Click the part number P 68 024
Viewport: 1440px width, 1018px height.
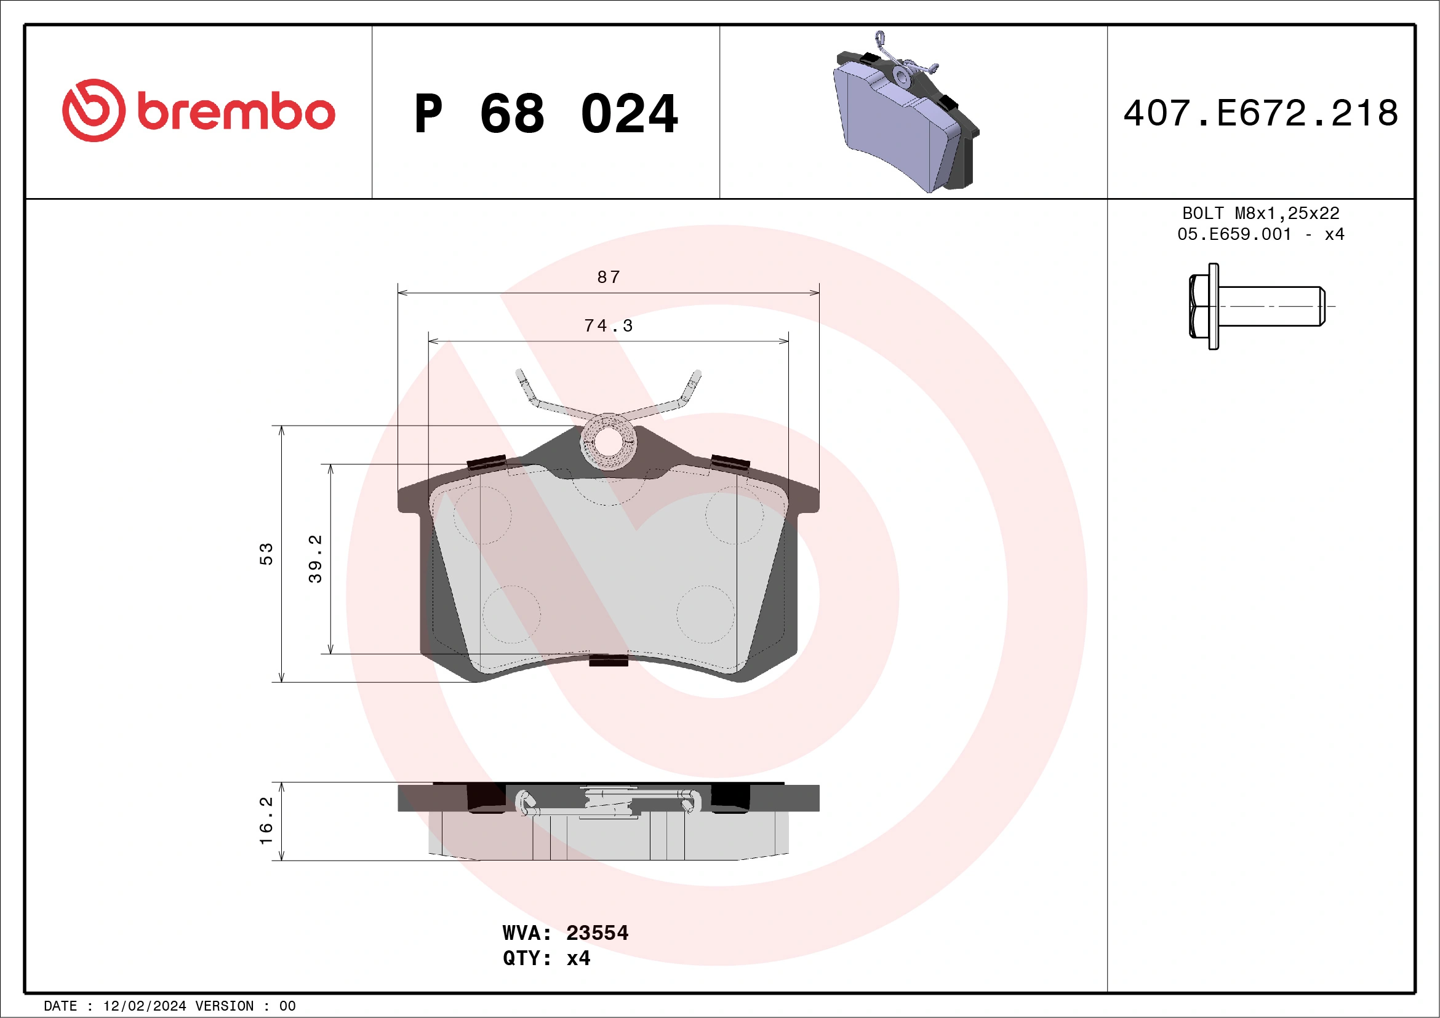546,114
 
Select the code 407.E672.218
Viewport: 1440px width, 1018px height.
1261,113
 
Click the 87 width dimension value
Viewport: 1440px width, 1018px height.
609,277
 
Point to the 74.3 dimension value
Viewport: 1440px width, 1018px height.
609,326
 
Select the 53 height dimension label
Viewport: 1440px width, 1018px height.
266,554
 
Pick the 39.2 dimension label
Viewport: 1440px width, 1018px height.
315,559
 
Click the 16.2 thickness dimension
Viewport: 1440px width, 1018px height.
266,821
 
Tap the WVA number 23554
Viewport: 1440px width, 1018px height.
596,933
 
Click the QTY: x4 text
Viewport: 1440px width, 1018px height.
546,958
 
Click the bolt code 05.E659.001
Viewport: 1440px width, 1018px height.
1234,234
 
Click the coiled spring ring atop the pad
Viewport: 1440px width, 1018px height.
608,441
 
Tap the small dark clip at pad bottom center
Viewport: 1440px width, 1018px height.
609,660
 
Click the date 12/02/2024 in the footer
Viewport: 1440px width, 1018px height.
144,1006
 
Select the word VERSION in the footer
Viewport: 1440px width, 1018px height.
225,1006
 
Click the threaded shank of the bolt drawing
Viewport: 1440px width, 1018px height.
1273,306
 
